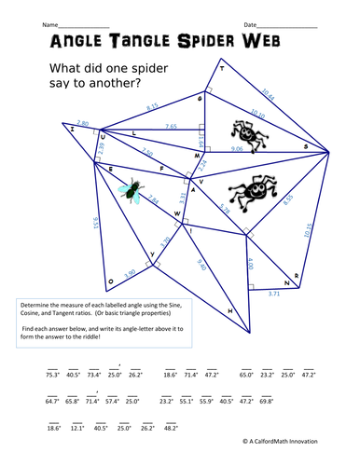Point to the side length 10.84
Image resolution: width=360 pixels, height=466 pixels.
pos(269,92)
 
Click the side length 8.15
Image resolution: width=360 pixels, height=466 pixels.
pos(153,107)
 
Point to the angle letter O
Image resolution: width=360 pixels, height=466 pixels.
pos(110,280)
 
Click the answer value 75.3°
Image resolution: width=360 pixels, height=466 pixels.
pos(52,374)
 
